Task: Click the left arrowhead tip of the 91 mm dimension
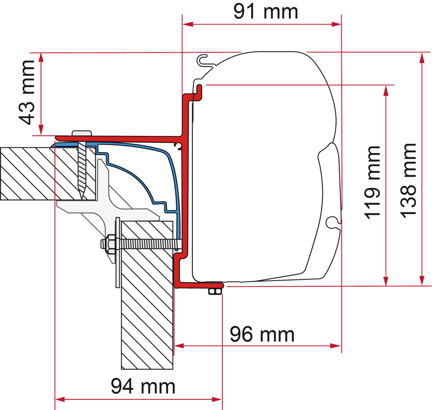(183, 24)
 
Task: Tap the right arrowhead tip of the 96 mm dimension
(341, 345)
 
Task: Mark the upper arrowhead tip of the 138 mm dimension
(422, 53)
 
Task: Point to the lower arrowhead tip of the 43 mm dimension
(41, 135)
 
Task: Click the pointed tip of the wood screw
(82, 199)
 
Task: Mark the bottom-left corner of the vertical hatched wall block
(121, 369)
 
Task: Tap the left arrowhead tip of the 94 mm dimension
(55, 399)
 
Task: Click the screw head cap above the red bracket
(82, 133)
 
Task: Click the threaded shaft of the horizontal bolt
(150, 244)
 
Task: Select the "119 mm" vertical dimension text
(372, 183)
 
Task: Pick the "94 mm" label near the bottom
(143, 386)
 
